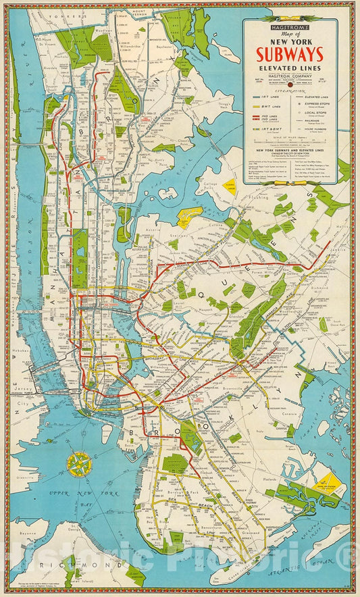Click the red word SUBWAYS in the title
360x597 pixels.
click(x=290, y=54)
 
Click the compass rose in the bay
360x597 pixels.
click(x=80, y=463)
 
